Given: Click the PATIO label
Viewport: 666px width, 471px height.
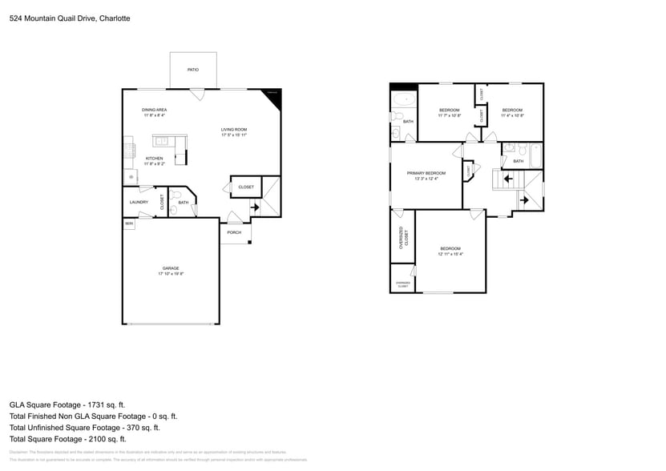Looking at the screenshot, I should point(192,70).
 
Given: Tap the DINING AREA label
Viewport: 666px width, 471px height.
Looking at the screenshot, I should point(154,110).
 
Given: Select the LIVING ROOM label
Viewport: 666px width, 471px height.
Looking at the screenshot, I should point(234,130).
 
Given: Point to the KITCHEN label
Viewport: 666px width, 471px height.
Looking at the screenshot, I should point(154,159).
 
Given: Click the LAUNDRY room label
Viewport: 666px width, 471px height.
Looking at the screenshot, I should point(139,202).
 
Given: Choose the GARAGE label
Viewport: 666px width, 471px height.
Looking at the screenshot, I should point(171,268).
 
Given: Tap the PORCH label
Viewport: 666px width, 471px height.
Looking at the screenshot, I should point(234,232).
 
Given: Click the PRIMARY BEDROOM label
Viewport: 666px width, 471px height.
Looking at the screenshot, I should point(426,173).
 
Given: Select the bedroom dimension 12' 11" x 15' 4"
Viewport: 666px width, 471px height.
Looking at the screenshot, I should point(450,255).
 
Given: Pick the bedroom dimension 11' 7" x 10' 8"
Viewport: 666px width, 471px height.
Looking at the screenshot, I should point(449,115).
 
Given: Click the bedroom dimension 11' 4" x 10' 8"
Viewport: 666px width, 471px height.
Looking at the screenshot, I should point(512,115).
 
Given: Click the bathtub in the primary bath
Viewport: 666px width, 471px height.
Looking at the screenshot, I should point(403,101).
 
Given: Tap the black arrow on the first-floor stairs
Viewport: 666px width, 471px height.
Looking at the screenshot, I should point(255,207).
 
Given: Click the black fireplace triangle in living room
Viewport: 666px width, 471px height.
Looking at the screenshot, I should point(274,93).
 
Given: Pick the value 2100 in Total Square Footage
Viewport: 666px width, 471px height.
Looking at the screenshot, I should point(98,439).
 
